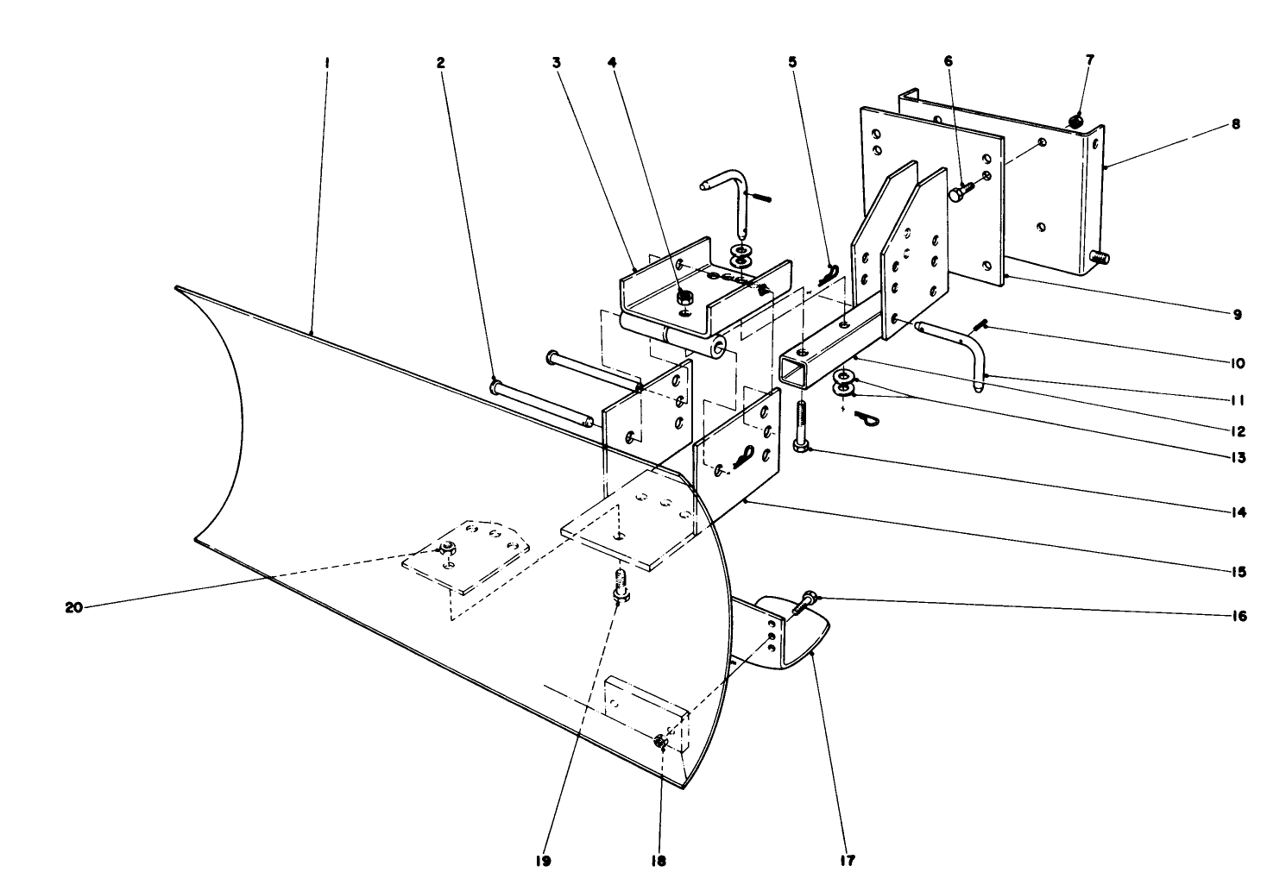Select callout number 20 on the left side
pos(73,607)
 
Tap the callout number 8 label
pos(1236,124)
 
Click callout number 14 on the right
pos(1238,511)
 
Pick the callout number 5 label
pos(792,62)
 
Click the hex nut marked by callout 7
pos(1076,122)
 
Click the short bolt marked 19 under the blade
pos(619,587)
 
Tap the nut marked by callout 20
pos(447,547)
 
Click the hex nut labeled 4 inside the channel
pos(683,298)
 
